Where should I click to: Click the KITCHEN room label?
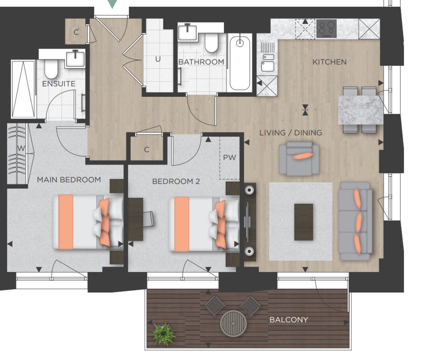click(x=329, y=62)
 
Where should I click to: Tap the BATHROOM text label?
click(x=201, y=62)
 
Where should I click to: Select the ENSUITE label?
click(x=59, y=84)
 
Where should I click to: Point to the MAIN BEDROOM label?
click(x=69, y=180)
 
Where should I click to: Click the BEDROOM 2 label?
click(x=176, y=181)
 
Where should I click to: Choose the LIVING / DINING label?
click(x=291, y=133)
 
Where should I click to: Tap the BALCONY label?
click(x=289, y=319)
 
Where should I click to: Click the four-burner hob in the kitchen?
click(x=326, y=28)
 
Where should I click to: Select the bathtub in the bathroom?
click(x=240, y=63)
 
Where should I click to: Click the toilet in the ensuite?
click(x=51, y=69)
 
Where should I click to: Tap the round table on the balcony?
click(x=233, y=323)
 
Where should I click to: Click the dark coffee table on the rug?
click(x=304, y=222)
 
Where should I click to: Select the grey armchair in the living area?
click(x=299, y=159)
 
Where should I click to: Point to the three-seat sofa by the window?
click(x=355, y=222)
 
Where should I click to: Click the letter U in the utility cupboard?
click(x=158, y=59)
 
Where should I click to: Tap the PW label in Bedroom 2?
click(x=230, y=158)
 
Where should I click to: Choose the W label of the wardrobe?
click(x=21, y=148)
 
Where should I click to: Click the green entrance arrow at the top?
click(x=112, y=3)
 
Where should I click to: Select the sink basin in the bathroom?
click(x=187, y=33)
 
